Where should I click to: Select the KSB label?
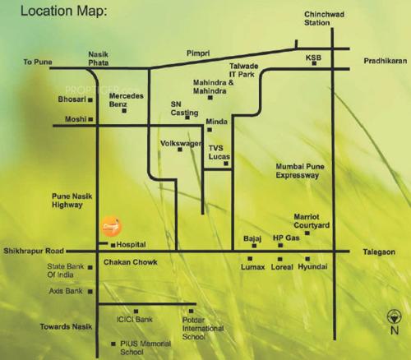pos(312,58)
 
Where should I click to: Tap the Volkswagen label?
pos(180,144)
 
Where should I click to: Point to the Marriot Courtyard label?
pos(312,221)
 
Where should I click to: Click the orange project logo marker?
pos(110,225)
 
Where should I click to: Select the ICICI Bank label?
pos(134,319)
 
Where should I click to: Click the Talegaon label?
pos(386,255)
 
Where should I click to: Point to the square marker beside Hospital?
pos(113,245)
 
